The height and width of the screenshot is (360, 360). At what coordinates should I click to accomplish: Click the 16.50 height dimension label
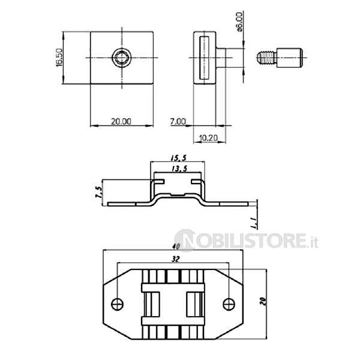click(x=59, y=58)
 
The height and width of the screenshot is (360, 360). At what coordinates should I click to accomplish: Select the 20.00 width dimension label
click(x=121, y=121)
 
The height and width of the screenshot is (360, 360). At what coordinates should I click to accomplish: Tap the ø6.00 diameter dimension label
click(x=239, y=22)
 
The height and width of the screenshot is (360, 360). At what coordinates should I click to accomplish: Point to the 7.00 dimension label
click(x=178, y=121)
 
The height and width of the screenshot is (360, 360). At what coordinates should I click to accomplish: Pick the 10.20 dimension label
click(x=208, y=138)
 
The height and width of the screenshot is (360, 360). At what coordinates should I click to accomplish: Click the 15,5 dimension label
click(x=178, y=158)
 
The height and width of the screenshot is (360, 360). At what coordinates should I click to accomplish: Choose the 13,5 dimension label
click(x=179, y=169)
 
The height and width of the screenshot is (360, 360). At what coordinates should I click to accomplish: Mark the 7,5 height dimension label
click(x=98, y=192)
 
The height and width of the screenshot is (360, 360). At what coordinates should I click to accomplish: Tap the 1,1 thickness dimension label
click(x=254, y=223)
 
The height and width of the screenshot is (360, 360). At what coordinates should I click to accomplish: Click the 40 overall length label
click(x=176, y=247)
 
